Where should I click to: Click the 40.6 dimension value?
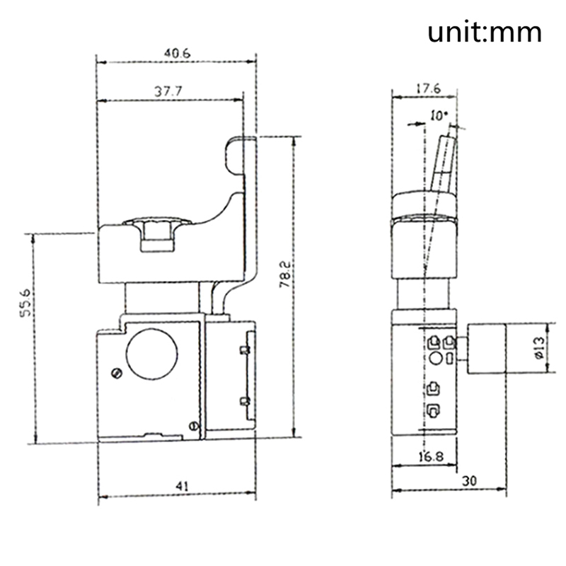(177, 54)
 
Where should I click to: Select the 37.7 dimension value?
(168, 91)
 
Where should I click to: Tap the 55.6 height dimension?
(26, 303)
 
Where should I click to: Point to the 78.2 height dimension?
(285, 275)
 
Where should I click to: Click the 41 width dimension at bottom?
(182, 486)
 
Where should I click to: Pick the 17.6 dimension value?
(429, 88)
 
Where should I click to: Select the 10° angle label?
(439, 116)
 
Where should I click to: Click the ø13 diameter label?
(539, 348)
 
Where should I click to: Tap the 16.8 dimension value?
(431, 457)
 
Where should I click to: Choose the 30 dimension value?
(469, 480)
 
